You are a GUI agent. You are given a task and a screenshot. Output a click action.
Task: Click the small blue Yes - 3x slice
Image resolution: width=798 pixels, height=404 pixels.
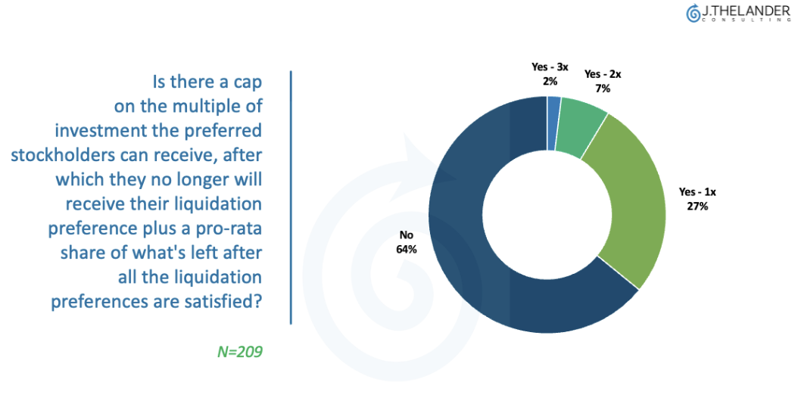pyautogui.click(x=553, y=110)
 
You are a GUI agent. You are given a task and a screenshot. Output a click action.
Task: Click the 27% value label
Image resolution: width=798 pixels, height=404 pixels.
pyautogui.click(x=697, y=206)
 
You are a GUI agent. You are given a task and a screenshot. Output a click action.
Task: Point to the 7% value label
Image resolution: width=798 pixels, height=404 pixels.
pyautogui.click(x=602, y=89)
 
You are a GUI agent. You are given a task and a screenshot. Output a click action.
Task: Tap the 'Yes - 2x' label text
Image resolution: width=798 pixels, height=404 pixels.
pyautogui.click(x=603, y=74)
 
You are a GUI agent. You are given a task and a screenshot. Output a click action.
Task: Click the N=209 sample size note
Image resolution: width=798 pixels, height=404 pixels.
pyautogui.click(x=240, y=352)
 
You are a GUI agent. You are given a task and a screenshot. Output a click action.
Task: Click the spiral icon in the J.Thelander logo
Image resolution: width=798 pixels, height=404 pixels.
pyautogui.click(x=693, y=14)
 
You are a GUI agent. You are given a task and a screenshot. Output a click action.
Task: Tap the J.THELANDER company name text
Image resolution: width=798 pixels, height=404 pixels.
pyautogui.click(x=745, y=11)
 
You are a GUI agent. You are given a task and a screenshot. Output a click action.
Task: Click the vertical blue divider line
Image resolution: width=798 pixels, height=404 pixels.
pyautogui.click(x=291, y=197)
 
